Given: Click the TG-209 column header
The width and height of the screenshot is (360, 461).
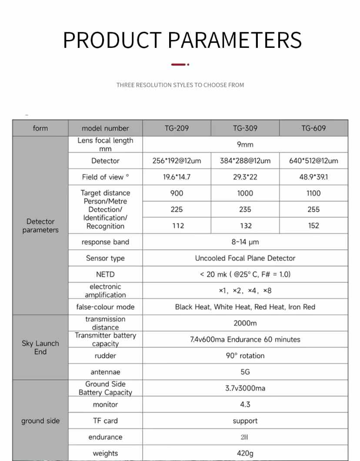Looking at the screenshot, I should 177,128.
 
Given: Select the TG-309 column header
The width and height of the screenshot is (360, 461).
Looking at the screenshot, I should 245,128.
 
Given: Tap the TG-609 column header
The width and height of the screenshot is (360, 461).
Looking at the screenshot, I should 313,128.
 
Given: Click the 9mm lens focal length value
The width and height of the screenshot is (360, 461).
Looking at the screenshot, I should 245,144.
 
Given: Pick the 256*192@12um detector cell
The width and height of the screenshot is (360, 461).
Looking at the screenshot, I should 177,161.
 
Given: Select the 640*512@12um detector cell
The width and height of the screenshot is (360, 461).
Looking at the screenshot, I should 313,161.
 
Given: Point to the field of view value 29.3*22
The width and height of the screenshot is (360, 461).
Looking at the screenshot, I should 245,177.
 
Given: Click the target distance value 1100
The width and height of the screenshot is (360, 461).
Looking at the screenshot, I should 313,193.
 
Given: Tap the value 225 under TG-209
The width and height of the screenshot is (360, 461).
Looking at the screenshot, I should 177,209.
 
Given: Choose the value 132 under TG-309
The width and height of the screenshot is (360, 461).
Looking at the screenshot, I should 245,226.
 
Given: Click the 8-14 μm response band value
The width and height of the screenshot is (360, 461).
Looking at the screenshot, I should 245,242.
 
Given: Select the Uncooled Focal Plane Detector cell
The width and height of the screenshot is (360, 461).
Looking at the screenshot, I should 245,258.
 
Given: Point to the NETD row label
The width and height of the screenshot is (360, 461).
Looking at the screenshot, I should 105,274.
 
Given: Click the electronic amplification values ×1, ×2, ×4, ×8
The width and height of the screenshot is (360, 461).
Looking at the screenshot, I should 245,291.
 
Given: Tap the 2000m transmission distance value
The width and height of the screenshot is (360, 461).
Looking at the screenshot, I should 245,323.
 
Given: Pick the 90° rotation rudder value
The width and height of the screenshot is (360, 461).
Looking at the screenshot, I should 245,356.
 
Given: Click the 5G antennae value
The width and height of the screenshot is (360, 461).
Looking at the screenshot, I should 245,372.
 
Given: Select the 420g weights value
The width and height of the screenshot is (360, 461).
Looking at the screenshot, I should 245,454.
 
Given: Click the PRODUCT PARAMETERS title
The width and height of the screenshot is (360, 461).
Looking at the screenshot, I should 182,40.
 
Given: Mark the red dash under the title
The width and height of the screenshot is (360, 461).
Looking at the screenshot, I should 180,64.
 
